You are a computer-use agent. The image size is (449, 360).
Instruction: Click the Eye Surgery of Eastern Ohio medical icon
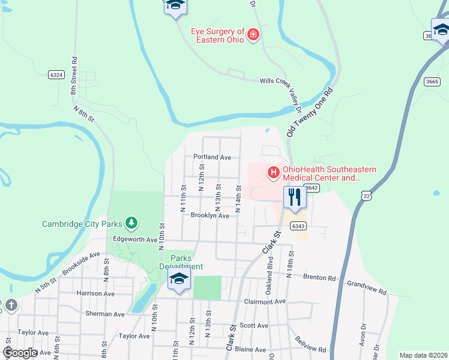(x=253, y=35)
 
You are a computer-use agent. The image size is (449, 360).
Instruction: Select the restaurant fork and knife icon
(x=294, y=197)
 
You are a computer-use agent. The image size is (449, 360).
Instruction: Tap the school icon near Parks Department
(x=179, y=279)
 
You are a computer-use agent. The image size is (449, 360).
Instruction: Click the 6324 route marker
(x=57, y=74)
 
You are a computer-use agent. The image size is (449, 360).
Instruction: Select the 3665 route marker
(x=432, y=81)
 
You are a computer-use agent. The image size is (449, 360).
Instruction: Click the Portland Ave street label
(x=212, y=157)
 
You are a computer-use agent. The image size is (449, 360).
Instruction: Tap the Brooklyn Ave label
(x=210, y=215)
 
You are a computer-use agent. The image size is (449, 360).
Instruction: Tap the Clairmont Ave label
(x=265, y=301)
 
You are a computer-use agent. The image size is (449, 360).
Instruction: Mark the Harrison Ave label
(x=95, y=293)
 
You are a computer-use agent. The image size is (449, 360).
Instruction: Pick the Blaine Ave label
(x=250, y=349)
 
